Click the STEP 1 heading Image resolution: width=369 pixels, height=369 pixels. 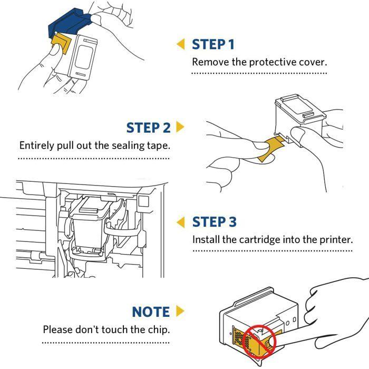point(213,44)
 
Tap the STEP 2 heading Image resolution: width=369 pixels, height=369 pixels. point(148,128)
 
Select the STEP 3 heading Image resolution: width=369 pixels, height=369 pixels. point(214,222)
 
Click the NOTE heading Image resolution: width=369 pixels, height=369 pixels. point(151,312)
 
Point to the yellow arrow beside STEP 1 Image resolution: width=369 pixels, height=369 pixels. point(181,44)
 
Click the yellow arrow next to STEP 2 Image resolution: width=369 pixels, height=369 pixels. point(180,127)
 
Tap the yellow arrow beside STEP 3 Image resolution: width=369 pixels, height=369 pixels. point(181,222)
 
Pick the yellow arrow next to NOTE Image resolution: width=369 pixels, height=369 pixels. point(180,311)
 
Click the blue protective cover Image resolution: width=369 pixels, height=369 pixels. point(70,23)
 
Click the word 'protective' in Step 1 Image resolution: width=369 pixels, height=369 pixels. point(273,62)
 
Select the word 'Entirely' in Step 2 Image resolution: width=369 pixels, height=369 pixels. point(37,145)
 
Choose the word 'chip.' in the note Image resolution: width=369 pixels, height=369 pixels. point(159,330)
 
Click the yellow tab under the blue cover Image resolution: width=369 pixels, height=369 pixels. point(61,43)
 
